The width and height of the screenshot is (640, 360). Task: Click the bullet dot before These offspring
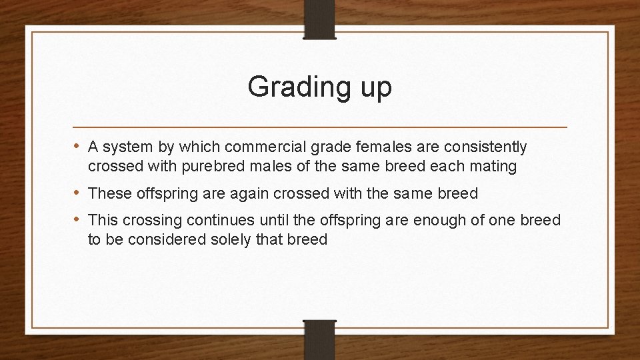[x=78, y=193]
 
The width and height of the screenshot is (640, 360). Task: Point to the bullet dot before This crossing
[x=78, y=219]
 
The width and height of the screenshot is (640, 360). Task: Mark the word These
[x=109, y=194]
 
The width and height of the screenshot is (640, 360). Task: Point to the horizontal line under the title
[x=320, y=126]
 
